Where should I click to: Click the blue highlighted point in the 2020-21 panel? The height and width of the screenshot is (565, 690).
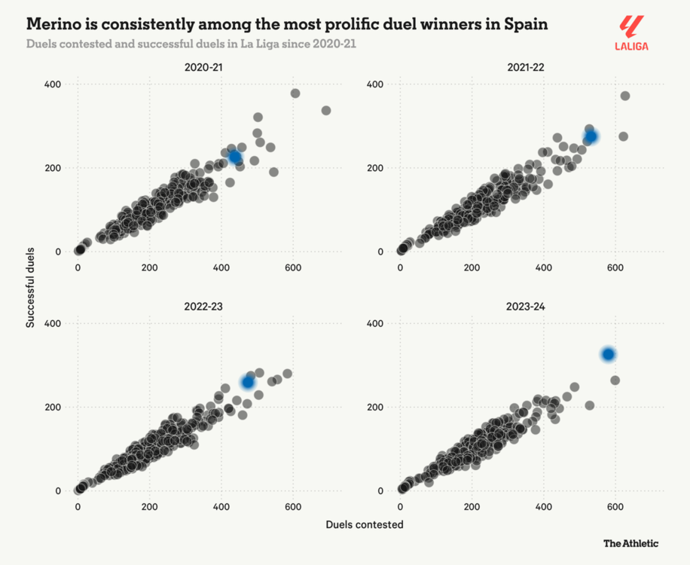(x=236, y=157)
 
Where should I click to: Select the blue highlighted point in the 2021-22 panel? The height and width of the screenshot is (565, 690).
(x=591, y=136)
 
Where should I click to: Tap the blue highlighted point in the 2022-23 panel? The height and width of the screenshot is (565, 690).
(x=248, y=382)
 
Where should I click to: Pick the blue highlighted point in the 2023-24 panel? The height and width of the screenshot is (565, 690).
(x=608, y=354)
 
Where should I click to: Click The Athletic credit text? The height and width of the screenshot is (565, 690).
(x=631, y=542)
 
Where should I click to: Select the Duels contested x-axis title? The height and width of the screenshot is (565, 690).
(x=365, y=524)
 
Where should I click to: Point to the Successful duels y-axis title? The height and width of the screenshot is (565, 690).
(x=31, y=287)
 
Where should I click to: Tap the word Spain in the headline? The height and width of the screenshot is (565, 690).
(x=527, y=24)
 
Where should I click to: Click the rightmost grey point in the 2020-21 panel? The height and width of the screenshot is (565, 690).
(x=326, y=111)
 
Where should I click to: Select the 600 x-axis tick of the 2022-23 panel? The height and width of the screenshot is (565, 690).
(x=292, y=507)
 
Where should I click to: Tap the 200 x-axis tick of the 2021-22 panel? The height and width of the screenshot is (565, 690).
(x=472, y=267)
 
